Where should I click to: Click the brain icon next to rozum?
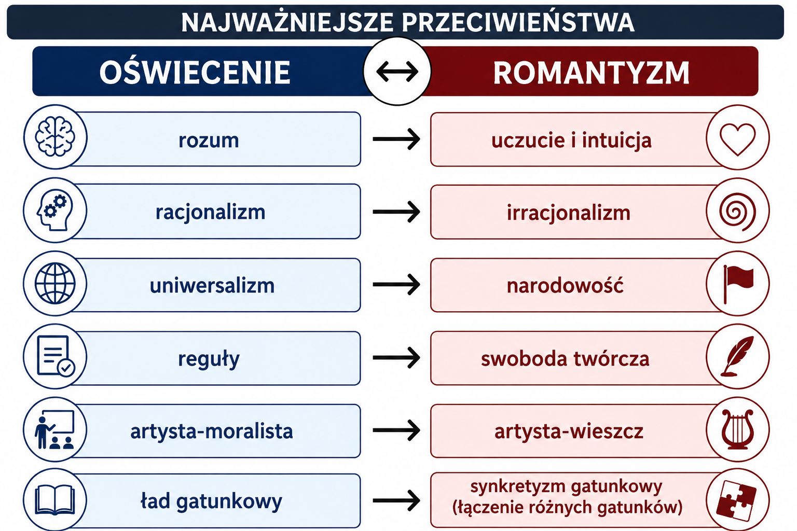(x=55, y=137)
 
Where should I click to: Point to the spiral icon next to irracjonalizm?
(x=737, y=212)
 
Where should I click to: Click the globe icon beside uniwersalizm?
(x=55, y=284)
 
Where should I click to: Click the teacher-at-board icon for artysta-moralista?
(x=54, y=430)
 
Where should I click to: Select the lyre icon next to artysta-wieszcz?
(x=737, y=429)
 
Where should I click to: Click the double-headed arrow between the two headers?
(x=397, y=72)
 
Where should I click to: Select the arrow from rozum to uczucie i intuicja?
(x=396, y=139)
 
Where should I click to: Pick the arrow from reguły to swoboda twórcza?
(x=396, y=357)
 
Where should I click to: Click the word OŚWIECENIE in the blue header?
(x=195, y=72)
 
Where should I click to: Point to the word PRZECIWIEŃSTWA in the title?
(x=518, y=22)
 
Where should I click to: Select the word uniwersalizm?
(x=212, y=286)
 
